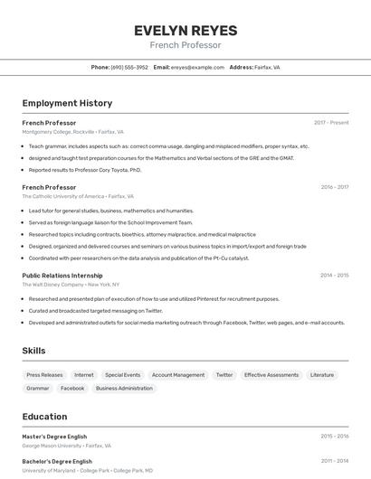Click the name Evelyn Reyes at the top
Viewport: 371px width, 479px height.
(185, 31)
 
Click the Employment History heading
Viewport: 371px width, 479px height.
(67, 103)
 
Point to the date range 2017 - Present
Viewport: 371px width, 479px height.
(331, 122)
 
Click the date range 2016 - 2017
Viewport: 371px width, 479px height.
(334, 187)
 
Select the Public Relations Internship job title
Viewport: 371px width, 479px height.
(62, 275)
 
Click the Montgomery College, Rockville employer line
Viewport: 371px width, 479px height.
(72, 131)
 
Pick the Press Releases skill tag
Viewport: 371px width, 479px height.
(44, 374)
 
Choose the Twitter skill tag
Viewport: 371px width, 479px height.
(224, 374)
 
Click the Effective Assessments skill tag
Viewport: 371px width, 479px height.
(271, 374)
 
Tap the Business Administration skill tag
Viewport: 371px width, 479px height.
(124, 388)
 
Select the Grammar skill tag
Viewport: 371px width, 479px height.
(38, 388)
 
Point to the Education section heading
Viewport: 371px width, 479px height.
(44, 417)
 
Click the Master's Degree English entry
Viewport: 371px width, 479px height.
(54, 437)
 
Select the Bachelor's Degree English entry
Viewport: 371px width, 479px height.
(56, 461)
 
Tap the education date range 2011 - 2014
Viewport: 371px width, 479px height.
(334, 461)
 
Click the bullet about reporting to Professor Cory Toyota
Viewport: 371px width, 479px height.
(85, 169)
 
